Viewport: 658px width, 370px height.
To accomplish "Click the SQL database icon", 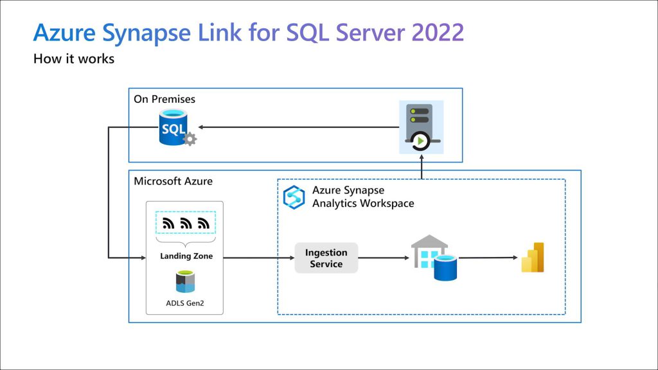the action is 173,128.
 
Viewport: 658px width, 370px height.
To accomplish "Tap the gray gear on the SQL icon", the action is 190,139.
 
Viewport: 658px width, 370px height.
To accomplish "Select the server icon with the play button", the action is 422,127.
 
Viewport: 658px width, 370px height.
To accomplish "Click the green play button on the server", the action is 420,141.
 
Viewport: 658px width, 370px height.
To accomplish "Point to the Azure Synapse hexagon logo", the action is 294,197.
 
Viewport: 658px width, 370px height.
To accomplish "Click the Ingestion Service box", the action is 326,258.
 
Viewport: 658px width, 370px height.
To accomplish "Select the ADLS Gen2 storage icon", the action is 185,281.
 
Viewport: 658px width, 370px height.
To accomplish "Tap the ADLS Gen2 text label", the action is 185,303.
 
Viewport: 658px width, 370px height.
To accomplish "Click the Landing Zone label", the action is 186,256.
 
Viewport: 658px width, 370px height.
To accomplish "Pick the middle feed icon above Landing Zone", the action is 186,223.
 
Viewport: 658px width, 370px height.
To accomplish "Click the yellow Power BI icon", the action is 533,258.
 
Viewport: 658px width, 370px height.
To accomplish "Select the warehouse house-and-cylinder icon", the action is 434,258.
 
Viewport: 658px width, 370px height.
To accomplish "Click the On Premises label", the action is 164,100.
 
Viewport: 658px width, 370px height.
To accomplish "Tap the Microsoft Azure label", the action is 173,181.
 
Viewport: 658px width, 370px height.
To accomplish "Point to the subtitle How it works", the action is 74,58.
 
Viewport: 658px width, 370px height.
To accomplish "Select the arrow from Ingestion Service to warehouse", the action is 384,258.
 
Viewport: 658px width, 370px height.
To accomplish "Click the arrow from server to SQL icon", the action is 298,127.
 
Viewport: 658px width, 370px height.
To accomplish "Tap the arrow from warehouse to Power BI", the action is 488,258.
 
